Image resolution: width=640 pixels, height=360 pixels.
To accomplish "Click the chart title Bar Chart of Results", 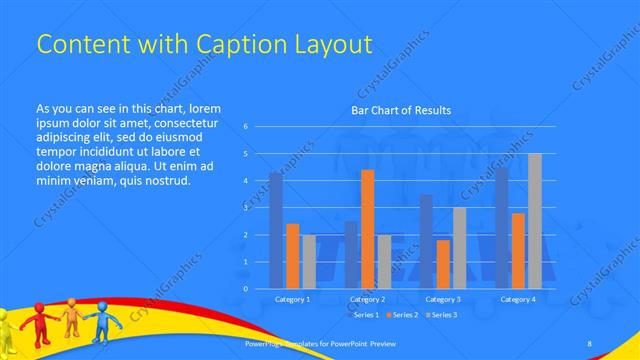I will [401, 110].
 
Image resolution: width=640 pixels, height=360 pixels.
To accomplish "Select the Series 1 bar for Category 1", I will [276, 230].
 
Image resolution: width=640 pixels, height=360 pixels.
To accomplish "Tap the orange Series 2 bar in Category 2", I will [368, 229].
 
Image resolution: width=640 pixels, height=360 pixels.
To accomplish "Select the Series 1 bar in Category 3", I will [427, 241].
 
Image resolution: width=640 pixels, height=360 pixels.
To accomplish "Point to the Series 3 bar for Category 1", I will [309, 261].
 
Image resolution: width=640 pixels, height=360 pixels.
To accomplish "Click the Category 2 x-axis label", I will [368, 299].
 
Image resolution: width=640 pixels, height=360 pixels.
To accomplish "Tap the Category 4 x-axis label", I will [518, 299].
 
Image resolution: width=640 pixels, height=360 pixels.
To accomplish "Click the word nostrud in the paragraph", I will [163, 181].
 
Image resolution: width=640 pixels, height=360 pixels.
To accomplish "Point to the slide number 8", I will [589, 344].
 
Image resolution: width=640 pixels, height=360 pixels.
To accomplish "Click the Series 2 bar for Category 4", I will [518, 250].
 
